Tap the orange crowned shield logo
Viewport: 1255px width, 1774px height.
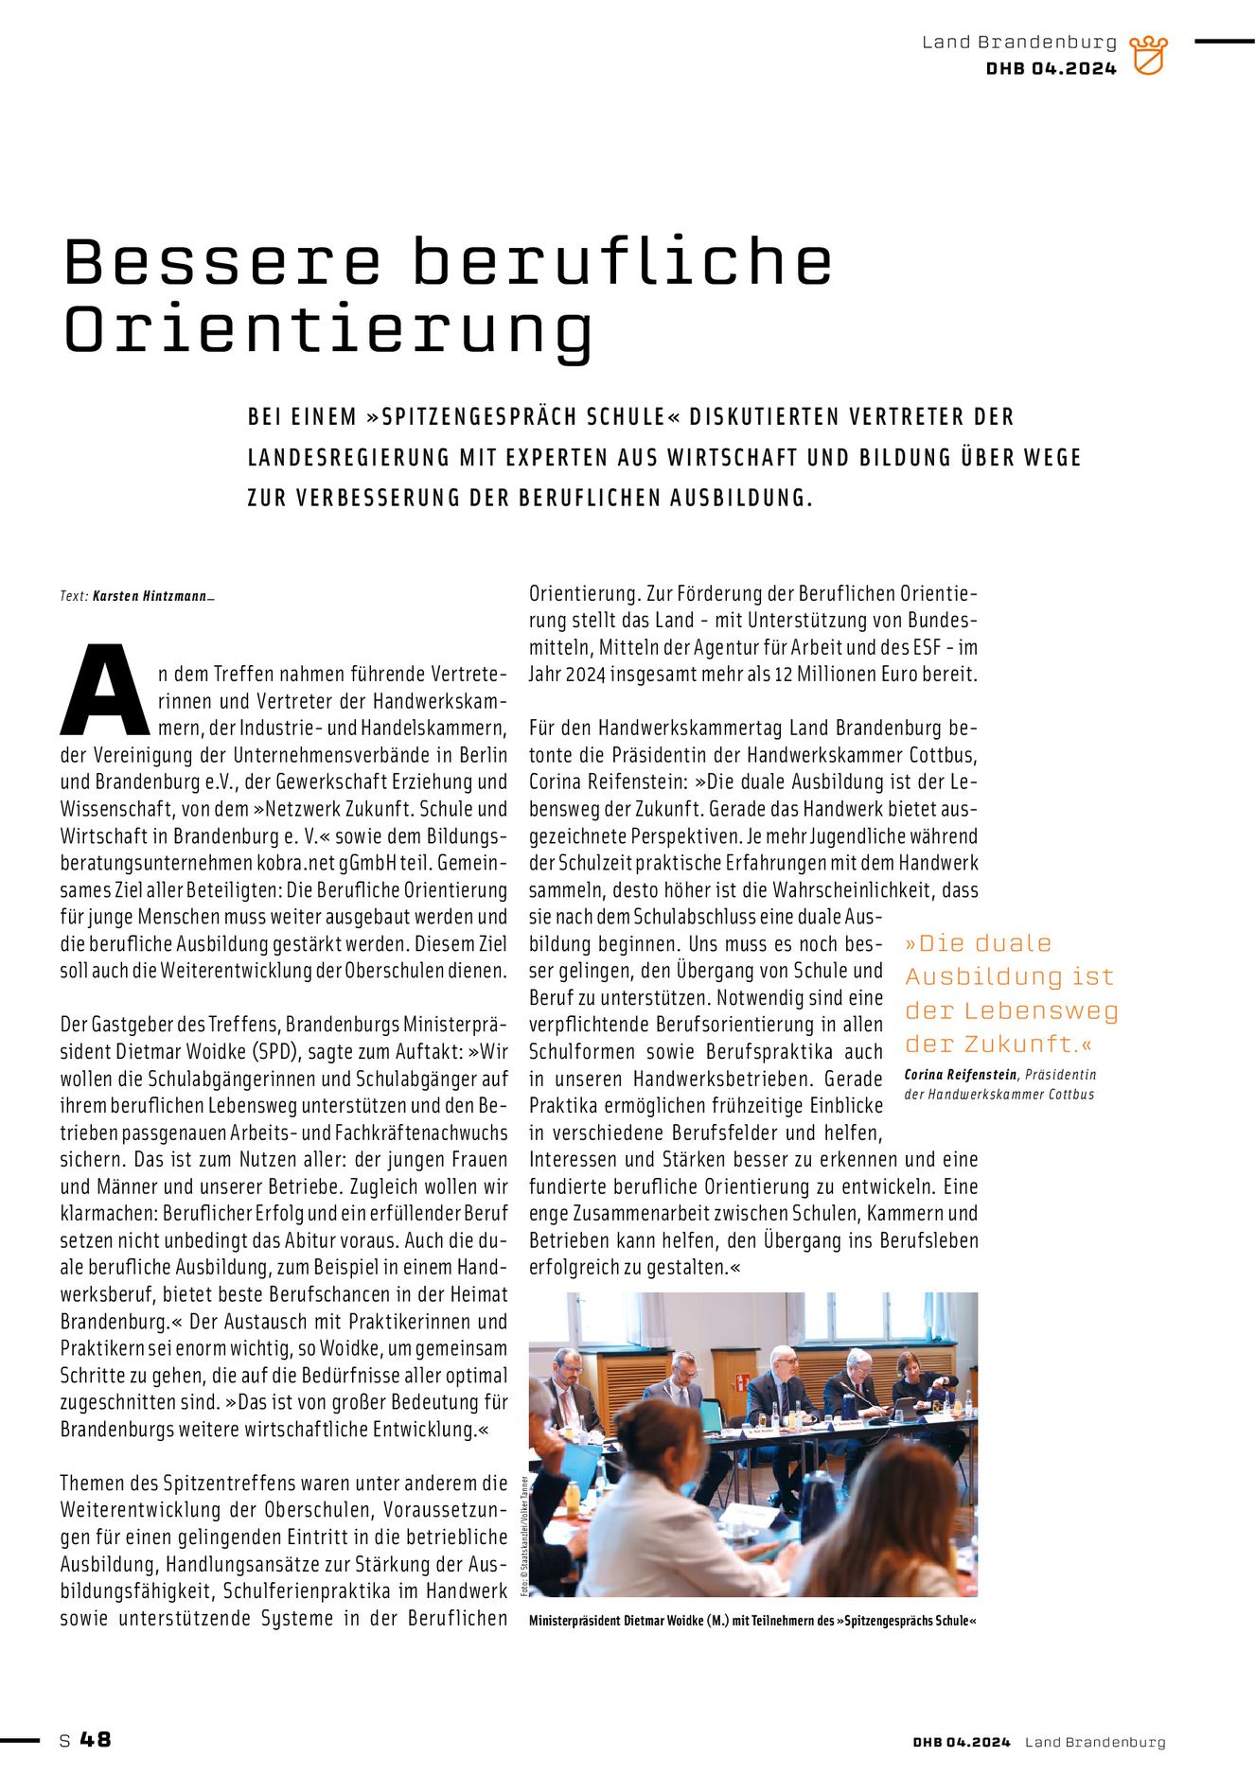(1148, 56)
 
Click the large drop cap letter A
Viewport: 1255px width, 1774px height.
(105, 692)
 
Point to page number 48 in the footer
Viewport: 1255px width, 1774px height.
(96, 1740)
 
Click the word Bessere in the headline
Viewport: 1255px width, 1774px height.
(222, 262)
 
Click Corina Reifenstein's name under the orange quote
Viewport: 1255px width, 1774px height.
(960, 1075)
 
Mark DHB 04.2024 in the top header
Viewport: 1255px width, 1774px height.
(1051, 69)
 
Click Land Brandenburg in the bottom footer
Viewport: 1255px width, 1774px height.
(1095, 1742)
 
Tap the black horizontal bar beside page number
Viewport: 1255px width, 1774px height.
(20, 1740)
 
